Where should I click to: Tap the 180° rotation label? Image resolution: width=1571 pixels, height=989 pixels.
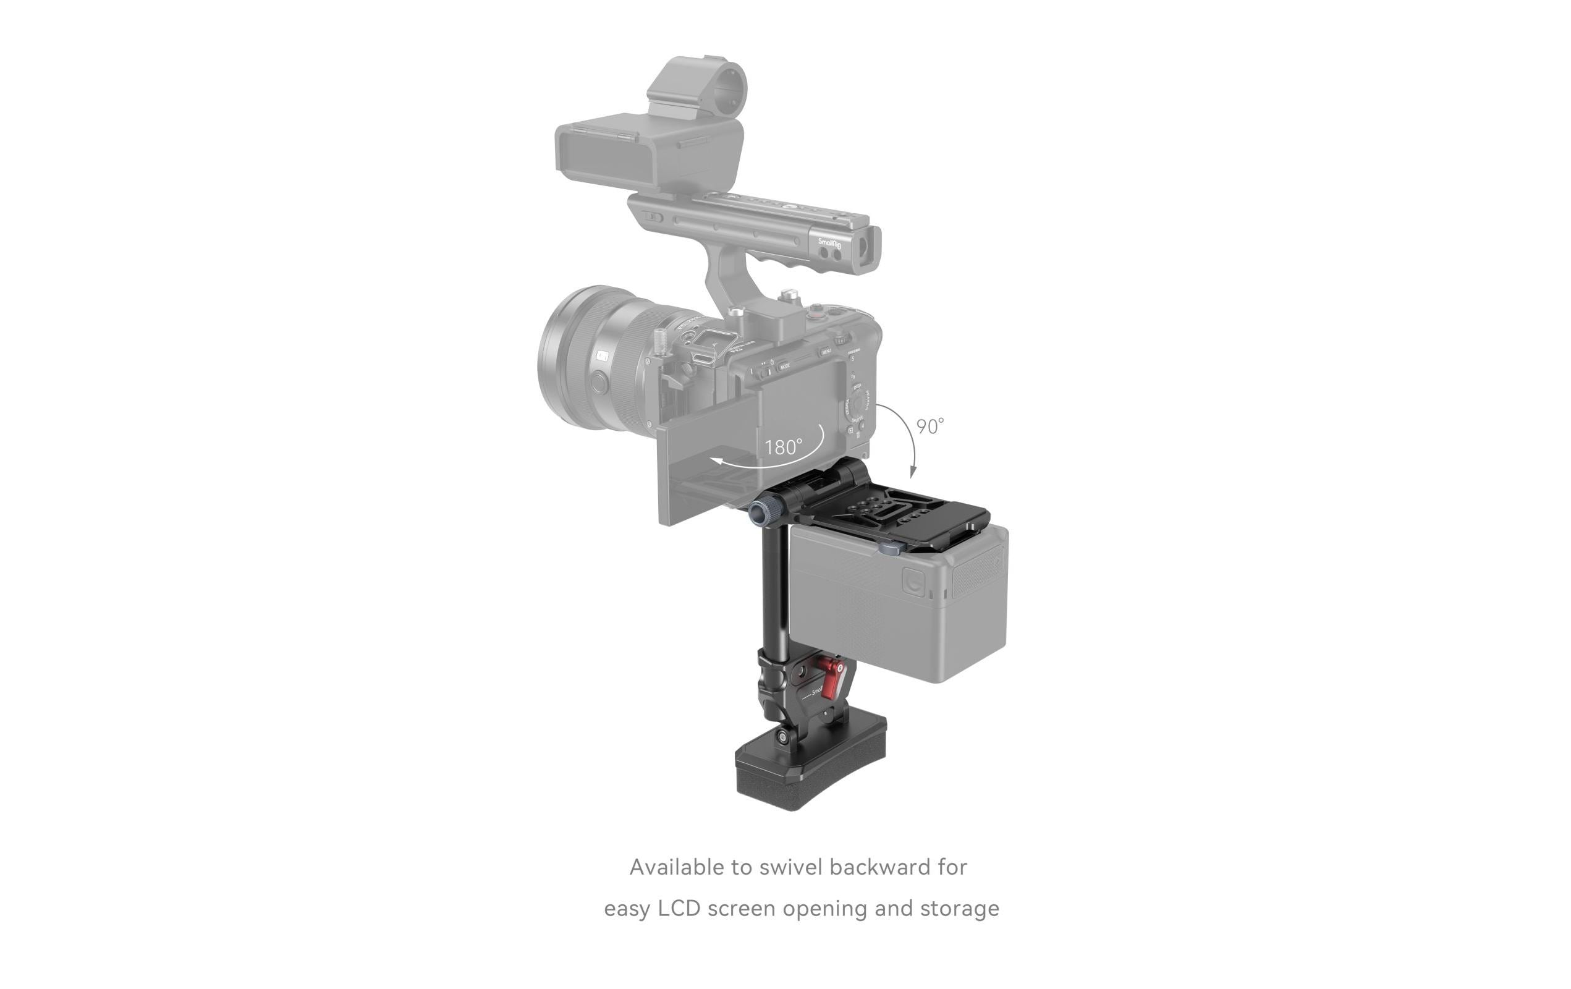[x=783, y=448]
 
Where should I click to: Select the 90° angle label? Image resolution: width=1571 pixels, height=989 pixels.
[x=929, y=427]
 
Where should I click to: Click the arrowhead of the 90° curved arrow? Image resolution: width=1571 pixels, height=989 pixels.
[x=913, y=472]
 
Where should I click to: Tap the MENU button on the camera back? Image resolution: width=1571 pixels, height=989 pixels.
[x=827, y=352]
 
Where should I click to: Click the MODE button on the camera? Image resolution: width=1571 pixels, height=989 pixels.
[x=785, y=367]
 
